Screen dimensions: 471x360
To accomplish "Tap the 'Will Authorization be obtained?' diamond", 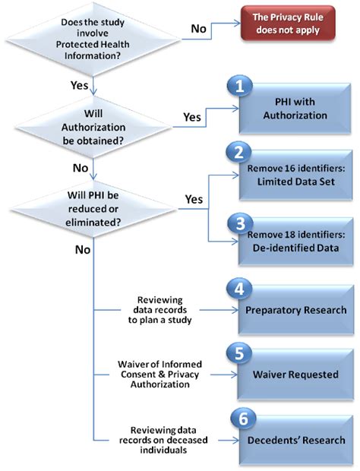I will (x=93, y=126).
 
